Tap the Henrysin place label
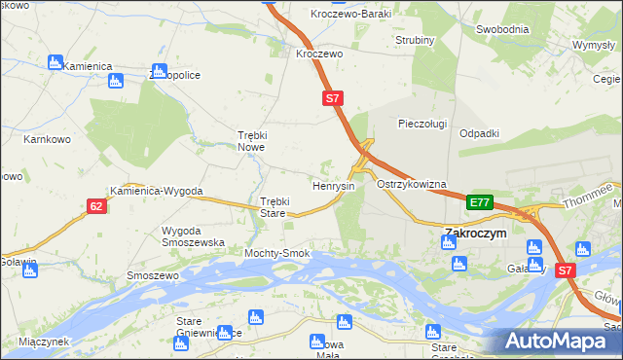(x=332, y=185)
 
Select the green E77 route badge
(x=479, y=202)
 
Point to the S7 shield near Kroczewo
(x=333, y=98)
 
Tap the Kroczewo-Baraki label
(x=349, y=14)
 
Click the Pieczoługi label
(x=422, y=124)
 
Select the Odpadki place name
(x=479, y=133)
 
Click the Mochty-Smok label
(x=276, y=253)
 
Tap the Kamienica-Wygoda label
(x=156, y=192)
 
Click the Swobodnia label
(x=501, y=29)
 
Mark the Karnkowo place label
(x=45, y=139)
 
